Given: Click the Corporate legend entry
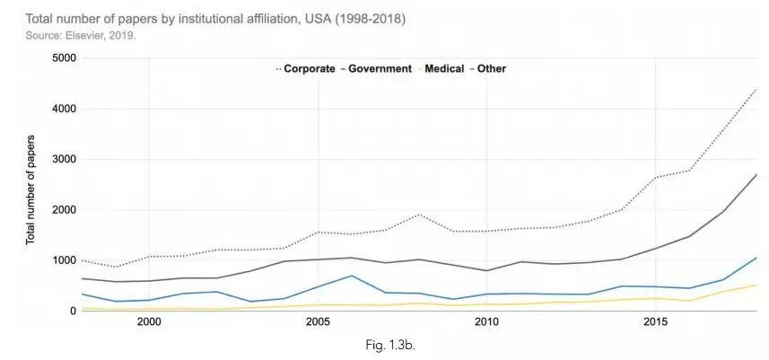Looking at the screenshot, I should (310, 68).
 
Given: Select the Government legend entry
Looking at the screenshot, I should (380, 68).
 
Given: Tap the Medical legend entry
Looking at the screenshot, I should (445, 68).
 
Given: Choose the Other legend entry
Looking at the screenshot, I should (492, 68).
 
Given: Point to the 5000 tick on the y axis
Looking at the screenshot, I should (64, 58).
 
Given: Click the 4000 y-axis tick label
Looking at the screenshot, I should (64, 109).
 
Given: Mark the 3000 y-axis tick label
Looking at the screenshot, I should (64, 159).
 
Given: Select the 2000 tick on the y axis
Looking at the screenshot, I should (64, 210).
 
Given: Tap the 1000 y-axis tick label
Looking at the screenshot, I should (64, 260).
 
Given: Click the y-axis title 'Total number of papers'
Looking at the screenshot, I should (31, 189).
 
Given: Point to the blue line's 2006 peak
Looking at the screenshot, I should (351, 276).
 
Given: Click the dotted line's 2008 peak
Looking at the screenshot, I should (419, 215).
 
